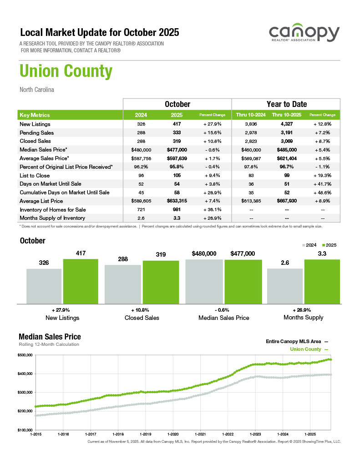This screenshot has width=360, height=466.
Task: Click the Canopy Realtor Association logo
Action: click(304, 35)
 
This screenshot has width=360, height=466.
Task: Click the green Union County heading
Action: click(66, 71)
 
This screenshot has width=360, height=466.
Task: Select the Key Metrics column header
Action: click(35, 115)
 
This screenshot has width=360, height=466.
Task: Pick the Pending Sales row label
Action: click(37, 133)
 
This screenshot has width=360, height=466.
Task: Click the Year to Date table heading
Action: click(286, 104)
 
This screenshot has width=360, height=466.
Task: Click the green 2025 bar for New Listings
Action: click(81, 281)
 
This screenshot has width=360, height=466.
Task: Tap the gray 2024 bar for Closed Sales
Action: click(122, 284)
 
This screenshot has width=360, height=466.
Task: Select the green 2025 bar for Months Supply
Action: click(322, 281)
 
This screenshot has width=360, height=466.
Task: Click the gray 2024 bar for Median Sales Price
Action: click(204, 281)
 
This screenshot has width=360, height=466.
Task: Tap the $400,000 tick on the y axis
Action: click(25, 374)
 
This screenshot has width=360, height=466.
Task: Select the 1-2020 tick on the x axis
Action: click(173, 434)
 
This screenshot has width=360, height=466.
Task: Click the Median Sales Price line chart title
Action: click(50, 337)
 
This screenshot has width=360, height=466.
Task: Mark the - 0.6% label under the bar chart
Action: click(224, 309)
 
